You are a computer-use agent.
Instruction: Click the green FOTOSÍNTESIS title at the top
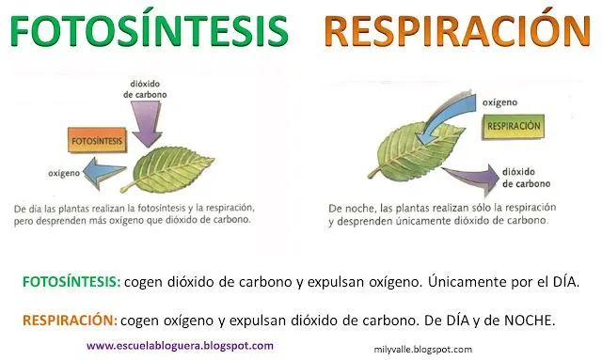[147, 30]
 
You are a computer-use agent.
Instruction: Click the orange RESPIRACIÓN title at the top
[451, 30]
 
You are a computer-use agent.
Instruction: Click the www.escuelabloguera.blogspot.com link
[181, 345]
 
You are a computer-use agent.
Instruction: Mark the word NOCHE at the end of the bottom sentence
[529, 320]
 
